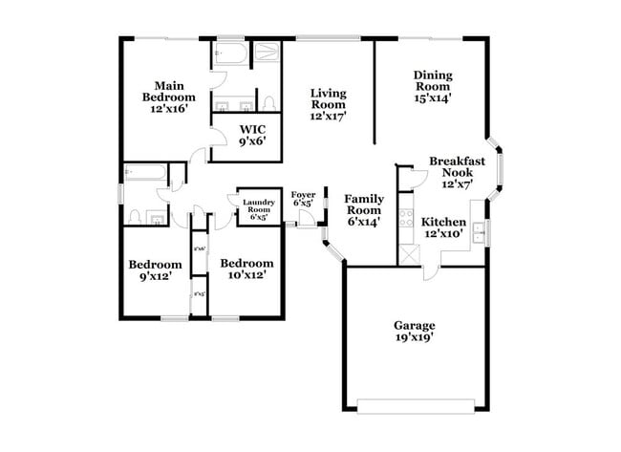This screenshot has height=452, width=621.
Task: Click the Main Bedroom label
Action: [168, 97]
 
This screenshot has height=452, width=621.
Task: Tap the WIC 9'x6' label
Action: [252, 135]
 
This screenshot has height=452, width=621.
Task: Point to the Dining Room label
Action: [433, 85]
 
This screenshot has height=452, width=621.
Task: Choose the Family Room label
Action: [365, 209]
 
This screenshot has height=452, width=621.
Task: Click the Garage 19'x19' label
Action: [414, 330]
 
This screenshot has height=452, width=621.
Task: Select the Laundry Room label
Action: [259, 209]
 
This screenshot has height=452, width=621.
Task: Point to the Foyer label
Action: [303, 197]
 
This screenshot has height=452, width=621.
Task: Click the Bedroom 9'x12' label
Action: [156, 271]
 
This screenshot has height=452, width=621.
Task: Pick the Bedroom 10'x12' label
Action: [246, 269]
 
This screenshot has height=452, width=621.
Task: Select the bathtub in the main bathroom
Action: [231, 54]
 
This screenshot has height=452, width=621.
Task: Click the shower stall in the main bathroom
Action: [266, 54]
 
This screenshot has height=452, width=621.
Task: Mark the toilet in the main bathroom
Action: [269, 101]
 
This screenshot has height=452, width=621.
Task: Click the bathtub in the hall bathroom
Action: [144, 173]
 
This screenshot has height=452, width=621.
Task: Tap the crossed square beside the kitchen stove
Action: [408, 253]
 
